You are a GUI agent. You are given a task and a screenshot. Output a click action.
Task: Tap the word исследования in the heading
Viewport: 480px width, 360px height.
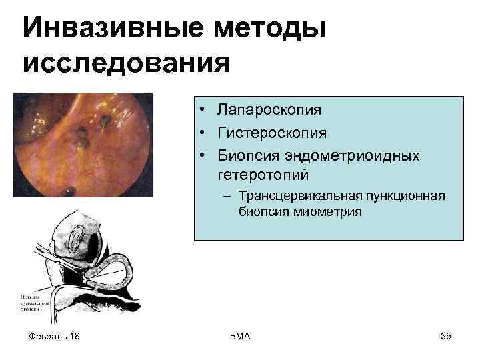click(x=126, y=65)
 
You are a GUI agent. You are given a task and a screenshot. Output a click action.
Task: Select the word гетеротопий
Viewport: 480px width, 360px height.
click(x=263, y=175)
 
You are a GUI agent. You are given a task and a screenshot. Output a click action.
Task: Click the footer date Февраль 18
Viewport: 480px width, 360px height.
click(x=55, y=336)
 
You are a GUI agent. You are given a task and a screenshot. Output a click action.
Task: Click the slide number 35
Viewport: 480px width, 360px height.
click(x=445, y=336)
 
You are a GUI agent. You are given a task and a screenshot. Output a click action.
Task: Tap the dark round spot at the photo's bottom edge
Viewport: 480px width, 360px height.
click(x=69, y=193)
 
